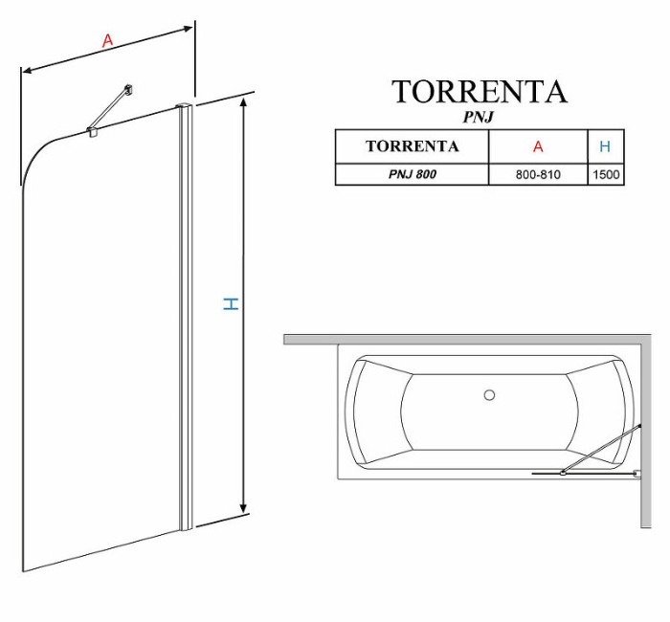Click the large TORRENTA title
pos(479,92)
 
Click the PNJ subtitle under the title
pos(479,117)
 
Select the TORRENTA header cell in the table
pos(412,146)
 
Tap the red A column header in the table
pos(538,146)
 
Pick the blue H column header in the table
pos(605,146)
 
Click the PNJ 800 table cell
pos(412,175)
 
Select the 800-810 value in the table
pos(538,175)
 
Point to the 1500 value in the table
pos(606,175)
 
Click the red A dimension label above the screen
pos(108,40)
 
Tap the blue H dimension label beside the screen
pos(231,303)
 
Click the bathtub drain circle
pos(489,393)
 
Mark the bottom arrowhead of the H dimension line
pos(244,510)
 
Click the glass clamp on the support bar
pos(92,132)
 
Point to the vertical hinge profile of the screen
pos(186,316)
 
